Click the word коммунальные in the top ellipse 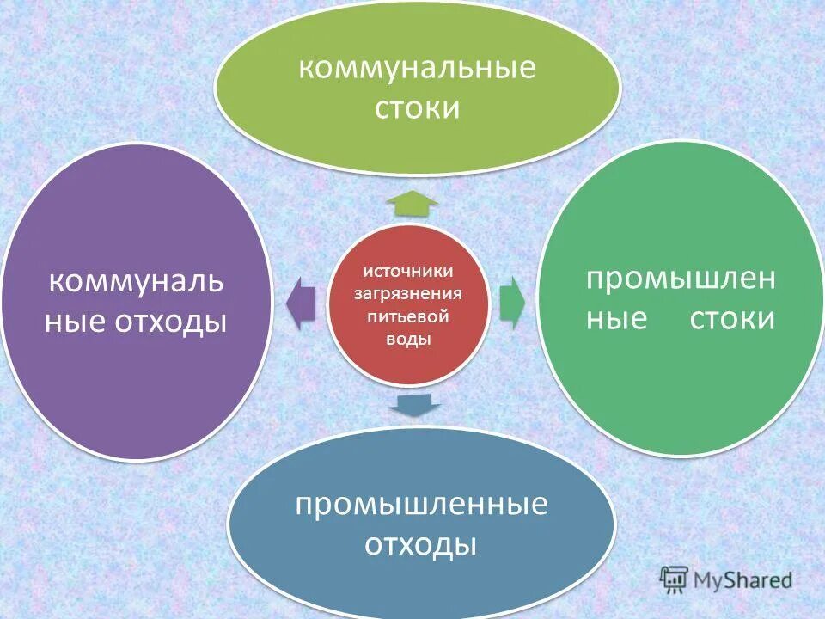(x=417, y=70)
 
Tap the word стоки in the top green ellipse (x=417, y=109)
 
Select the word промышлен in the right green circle (x=681, y=279)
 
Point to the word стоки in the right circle (x=732, y=319)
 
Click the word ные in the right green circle (x=616, y=319)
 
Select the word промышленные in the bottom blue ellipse (x=421, y=505)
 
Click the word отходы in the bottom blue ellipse (x=421, y=544)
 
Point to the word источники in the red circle (x=407, y=272)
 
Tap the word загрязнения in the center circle (x=407, y=294)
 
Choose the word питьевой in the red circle (x=407, y=316)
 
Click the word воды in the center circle (x=407, y=339)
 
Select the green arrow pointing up (x=412, y=203)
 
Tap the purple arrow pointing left (x=301, y=303)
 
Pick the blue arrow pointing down (x=413, y=404)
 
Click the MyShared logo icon (x=675, y=579)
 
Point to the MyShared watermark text (x=743, y=580)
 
